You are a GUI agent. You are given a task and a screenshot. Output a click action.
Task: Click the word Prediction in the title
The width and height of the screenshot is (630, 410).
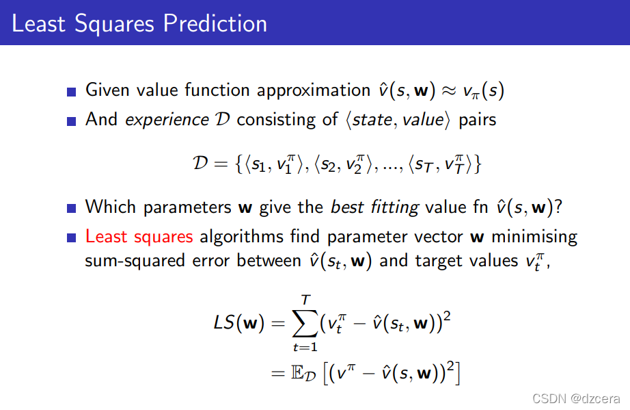[215, 23]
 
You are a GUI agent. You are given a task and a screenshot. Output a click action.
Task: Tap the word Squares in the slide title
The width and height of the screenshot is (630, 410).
[114, 24]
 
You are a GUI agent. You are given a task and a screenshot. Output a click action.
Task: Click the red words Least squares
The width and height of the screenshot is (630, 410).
[139, 237]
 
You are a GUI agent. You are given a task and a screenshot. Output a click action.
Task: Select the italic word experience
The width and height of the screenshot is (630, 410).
[167, 120]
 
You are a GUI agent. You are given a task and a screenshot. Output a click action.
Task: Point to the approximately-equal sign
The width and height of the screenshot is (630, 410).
[449, 91]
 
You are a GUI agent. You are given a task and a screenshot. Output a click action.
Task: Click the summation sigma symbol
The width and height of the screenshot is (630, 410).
[305, 323]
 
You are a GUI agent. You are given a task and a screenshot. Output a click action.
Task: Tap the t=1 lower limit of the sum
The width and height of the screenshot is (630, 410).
[305, 347]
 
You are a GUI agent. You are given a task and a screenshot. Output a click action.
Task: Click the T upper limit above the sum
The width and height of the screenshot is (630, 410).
[305, 299]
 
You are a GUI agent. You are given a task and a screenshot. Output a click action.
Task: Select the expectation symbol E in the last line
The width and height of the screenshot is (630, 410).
[297, 372]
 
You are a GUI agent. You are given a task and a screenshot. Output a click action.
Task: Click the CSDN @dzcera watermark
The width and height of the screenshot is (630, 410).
[576, 398]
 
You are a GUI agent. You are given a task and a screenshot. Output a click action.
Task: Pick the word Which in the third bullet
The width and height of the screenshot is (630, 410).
[111, 207]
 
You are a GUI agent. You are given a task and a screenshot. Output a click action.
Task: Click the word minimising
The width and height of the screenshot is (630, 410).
[534, 237]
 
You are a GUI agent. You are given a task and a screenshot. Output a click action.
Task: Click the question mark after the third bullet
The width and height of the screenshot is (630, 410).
[558, 207]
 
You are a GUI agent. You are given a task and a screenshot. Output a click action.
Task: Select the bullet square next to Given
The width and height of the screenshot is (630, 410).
[72, 92]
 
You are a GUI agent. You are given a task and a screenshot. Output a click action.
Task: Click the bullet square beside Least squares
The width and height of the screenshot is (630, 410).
[72, 238]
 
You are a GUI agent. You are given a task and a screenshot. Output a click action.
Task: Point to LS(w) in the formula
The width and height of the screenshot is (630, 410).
[239, 323]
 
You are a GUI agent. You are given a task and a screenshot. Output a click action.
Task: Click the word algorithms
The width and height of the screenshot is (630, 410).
[241, 237]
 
